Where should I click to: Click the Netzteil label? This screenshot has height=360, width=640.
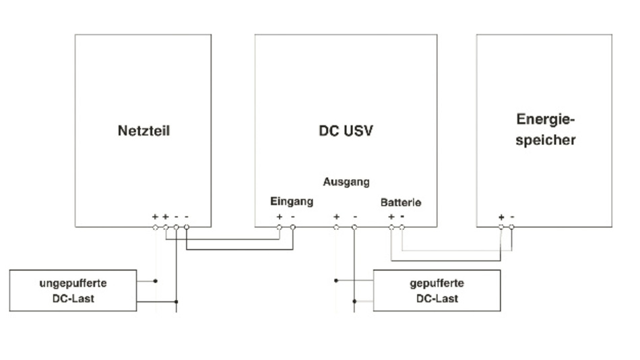143,130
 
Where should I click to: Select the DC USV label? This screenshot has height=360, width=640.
346,130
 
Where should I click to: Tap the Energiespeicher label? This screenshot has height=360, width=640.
545,129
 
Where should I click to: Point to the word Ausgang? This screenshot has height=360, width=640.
346,182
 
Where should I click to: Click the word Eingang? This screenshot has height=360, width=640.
291,201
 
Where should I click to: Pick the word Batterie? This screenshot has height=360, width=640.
401,202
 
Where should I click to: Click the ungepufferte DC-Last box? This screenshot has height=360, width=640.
73,291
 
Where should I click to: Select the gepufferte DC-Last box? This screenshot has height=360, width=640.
437,291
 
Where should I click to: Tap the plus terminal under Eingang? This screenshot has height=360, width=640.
280,227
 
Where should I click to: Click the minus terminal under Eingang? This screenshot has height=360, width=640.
292,227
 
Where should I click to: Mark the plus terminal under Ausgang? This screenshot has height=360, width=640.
335,227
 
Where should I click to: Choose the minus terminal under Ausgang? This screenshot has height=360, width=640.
354,227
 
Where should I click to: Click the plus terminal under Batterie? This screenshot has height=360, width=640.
391,227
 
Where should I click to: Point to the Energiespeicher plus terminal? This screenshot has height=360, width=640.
501,227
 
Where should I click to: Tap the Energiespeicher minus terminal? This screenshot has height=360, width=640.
511,227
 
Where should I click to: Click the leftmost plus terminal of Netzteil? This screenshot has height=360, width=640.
155,227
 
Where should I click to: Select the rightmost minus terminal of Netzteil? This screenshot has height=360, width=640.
187,227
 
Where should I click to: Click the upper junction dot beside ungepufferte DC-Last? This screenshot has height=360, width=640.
155,280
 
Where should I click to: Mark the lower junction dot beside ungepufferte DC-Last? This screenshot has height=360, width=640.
177,302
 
